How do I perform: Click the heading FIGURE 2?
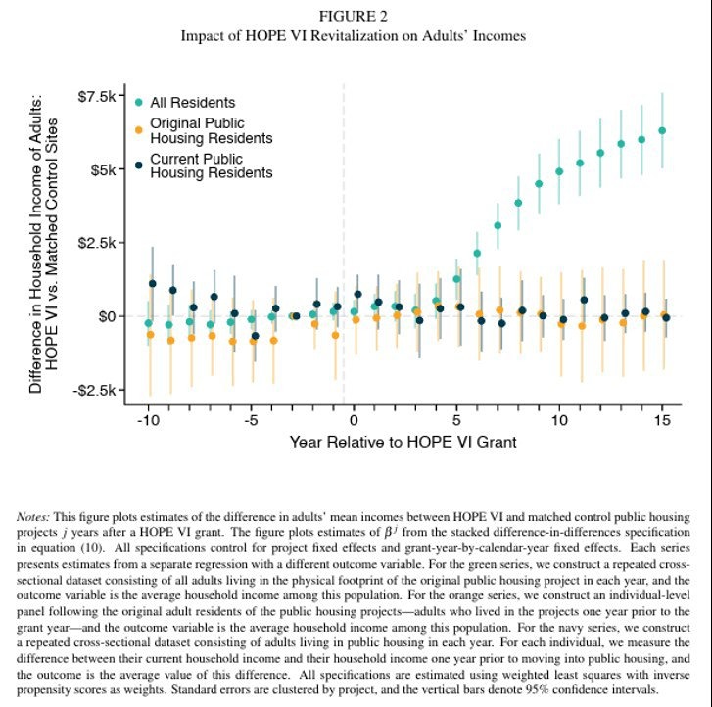pos(354,17)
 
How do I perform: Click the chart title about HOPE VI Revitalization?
pos(354,35)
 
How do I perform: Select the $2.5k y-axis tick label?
pos(108,243)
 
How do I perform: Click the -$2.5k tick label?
pos(106,390)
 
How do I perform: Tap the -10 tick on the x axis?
pos(148,419)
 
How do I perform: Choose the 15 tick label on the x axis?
pos(662,419)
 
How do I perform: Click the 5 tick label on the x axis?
pos(456,419)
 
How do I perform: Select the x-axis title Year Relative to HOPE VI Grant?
pos(403,442)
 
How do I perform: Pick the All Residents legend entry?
pos(192,102)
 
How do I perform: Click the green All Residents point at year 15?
pos(662,130)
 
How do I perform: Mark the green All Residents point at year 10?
pos(559,171)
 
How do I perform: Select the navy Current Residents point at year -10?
pos(152,283)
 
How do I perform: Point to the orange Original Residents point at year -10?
pos(150,334)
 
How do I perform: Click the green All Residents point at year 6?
pos(477,253)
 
